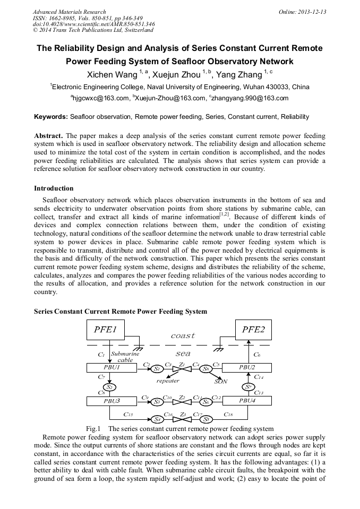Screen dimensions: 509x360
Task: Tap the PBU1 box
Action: click(x=112, y=367)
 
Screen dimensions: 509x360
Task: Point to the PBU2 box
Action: click(x=247, y=367)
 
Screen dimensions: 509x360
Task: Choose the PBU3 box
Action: click(x=112, y=401)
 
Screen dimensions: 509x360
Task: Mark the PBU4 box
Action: click(x=247, y=401)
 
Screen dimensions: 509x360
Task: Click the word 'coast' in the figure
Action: click(x=183, y=335)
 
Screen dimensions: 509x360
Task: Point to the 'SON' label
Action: click(x=221, y=381)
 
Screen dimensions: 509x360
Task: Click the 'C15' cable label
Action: click(x=128, y=414)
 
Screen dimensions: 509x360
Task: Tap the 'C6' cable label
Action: click(x=257, y=354)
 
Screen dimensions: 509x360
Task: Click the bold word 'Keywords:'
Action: click(x=52, y=116)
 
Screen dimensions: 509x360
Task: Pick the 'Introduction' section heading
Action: click(x=54, y=188)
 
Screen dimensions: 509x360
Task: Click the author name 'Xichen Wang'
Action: click(x=112, y=75)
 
